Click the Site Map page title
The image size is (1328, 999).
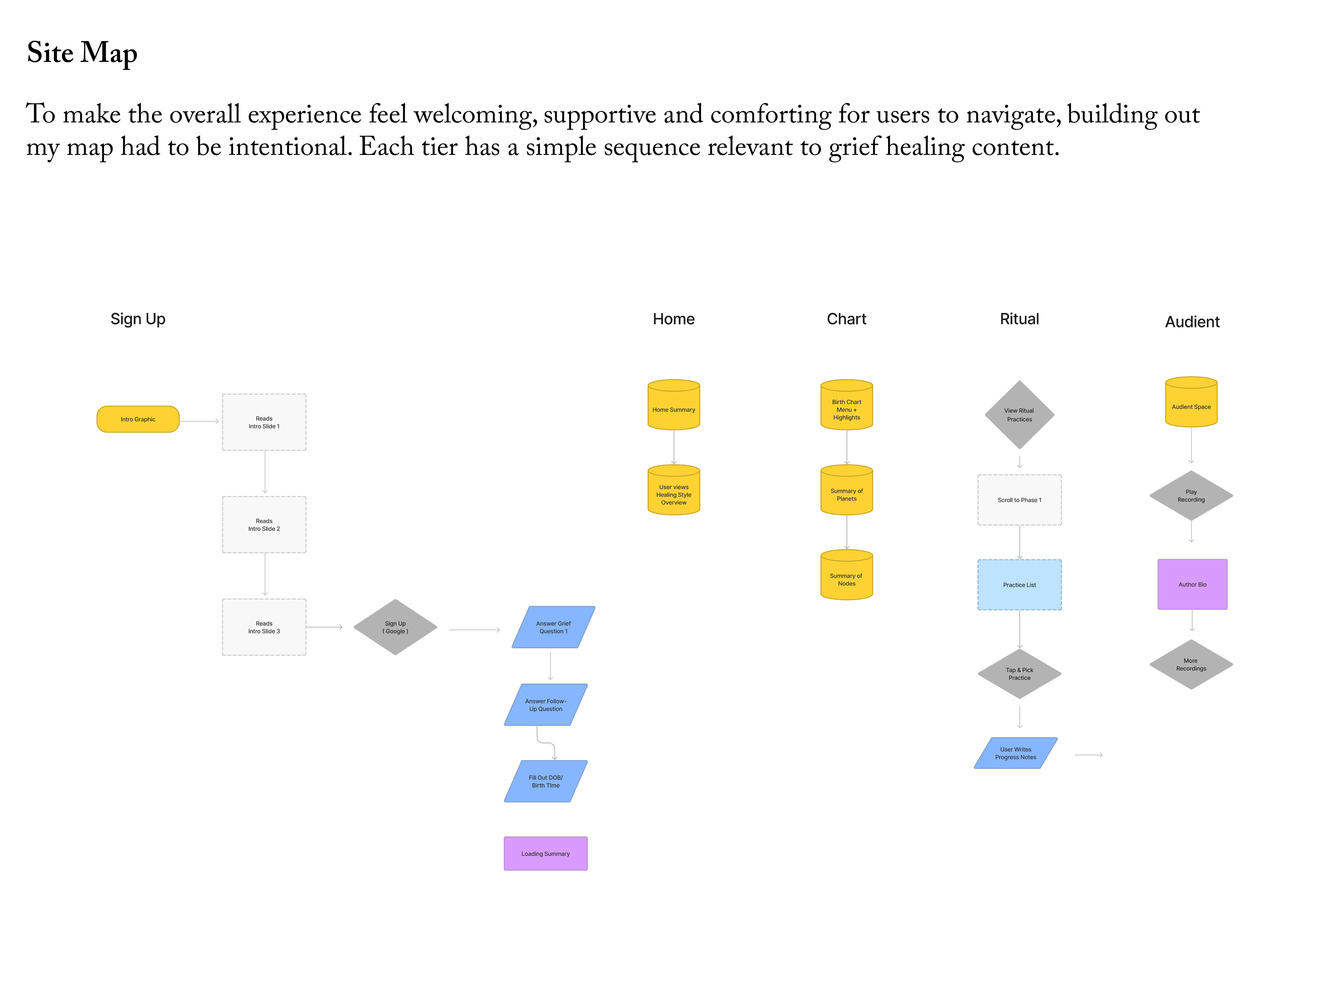[82, 53]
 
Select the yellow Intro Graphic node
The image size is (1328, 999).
[138, 419]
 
